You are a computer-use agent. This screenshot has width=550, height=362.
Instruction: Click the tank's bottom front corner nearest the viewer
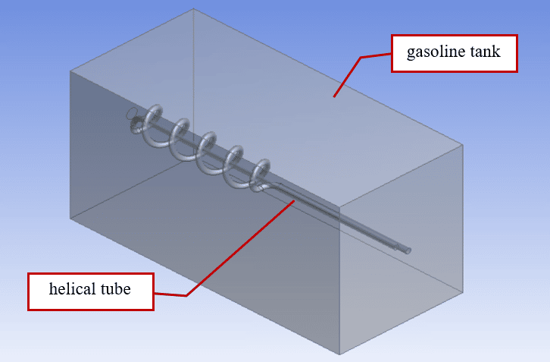340,354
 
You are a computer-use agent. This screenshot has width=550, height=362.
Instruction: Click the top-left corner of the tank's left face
70,71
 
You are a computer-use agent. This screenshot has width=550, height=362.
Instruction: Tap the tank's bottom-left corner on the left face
70,218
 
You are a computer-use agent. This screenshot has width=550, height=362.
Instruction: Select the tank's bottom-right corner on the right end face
462,290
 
